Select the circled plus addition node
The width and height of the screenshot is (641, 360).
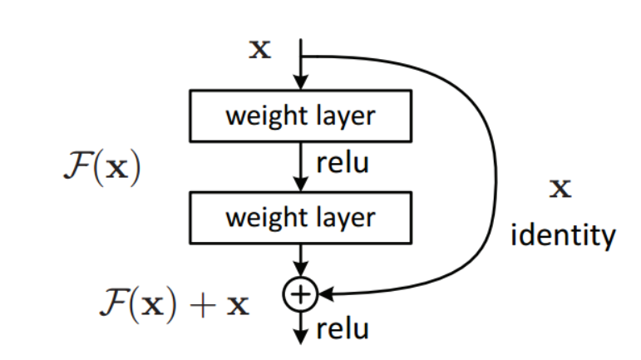pos(302,293)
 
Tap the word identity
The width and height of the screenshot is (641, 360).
pos(563,237)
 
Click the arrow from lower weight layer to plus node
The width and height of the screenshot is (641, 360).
pos(302,259)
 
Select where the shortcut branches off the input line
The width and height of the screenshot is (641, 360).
pos(302,57)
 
